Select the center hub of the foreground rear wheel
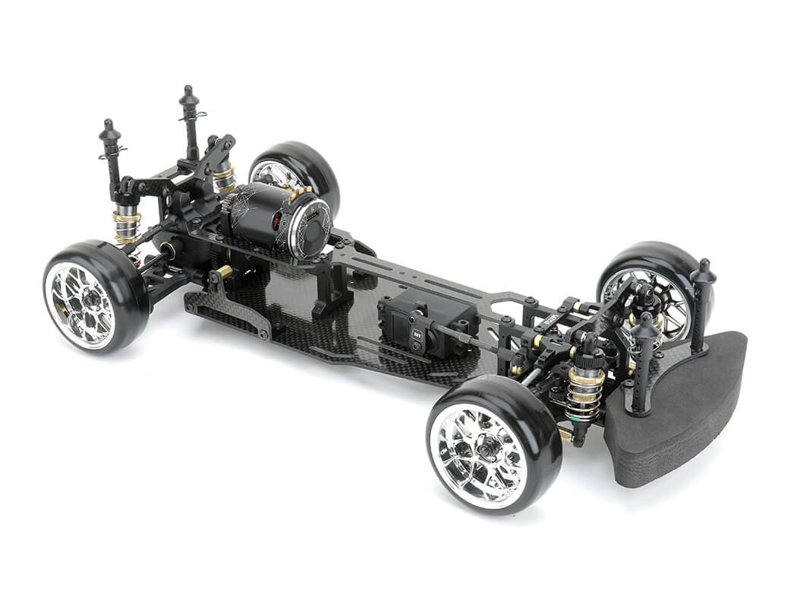pyautogui.click(x=91, y=299)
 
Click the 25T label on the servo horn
pyautogui.click(x=417, y=332)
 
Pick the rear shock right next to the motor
pyautogui.click(x=223, y=179)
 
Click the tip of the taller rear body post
pyautogui.click(x=188, y=93)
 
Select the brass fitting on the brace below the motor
pyautogui.click(x=225, y=272)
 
